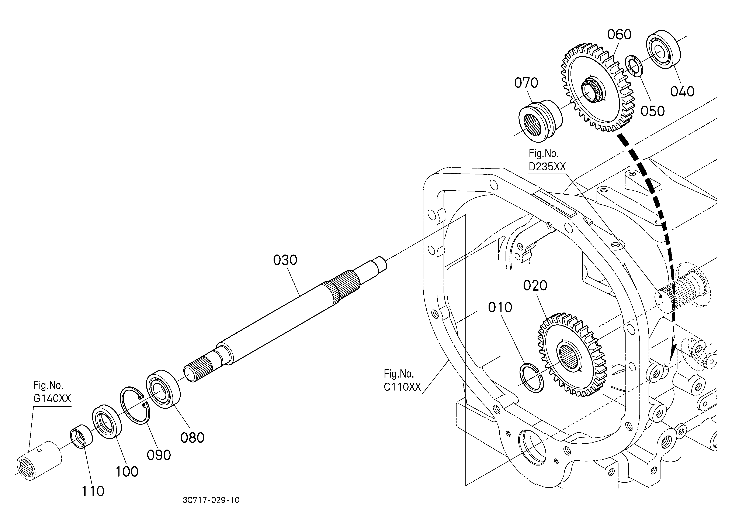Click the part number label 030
tap(285, 260)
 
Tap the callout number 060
tap(619, 35)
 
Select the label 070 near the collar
tap(526, 83)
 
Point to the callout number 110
tap(93, 491)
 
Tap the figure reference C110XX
tap(402, 387)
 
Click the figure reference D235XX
tap(547, 166)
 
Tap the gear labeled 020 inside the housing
tap(572, 355)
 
